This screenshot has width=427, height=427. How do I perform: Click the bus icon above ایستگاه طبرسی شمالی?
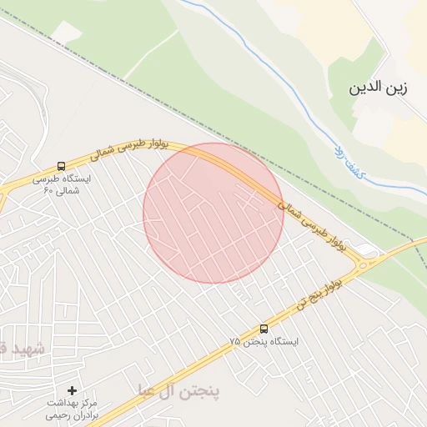tap(61, 167)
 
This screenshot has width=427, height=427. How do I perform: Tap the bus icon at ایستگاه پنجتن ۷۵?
tap(264, 329)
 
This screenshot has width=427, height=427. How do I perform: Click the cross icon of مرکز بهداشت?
tap(72, 390)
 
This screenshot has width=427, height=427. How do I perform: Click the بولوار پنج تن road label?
tap(318, 295)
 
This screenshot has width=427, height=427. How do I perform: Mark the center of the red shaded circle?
tap(213, 213)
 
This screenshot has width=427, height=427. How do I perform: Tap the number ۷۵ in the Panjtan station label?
tap(235, 342)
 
